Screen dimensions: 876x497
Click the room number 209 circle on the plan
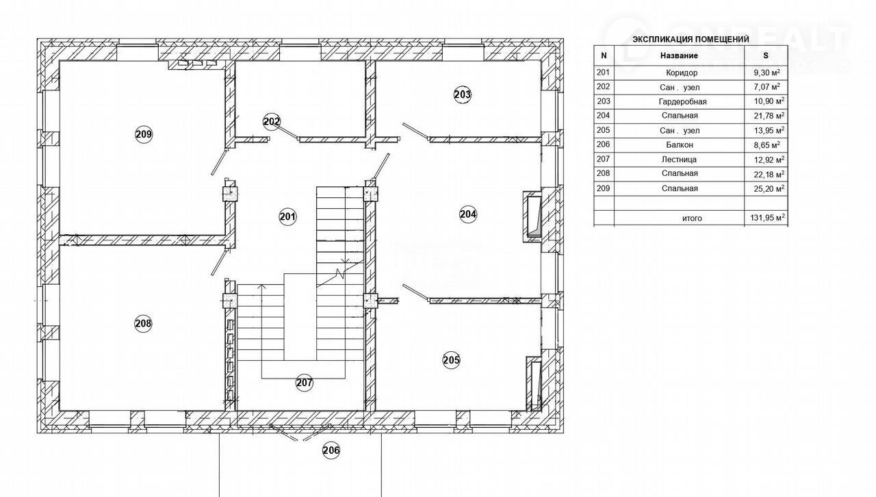(144, 134)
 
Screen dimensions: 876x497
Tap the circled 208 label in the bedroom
(143, 323)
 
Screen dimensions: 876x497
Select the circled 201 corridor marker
(288, 216)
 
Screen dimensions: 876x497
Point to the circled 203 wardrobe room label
(463, 94)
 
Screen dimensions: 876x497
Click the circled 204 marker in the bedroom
(468, 214)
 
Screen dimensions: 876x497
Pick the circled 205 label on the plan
(451, 360)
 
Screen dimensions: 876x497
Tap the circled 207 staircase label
(305, 383)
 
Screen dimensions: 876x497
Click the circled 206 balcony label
(331, 450)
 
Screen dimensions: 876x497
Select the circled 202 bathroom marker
(272, 121)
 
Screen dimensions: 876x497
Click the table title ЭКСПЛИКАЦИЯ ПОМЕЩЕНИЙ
(691, 40)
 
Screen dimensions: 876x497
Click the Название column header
(680, 55)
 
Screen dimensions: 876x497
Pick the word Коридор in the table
(682, 73)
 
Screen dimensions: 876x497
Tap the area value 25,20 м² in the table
(769, 189)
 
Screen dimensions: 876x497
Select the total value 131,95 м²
(768, 218)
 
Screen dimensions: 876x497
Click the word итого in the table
(692, 218)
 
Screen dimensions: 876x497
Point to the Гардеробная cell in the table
(682, 102)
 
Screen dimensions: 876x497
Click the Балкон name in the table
(680, 145)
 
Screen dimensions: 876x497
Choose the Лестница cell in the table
(679, 160)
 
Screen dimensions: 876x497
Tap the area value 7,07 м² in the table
(767, 86)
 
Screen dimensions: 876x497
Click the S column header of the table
(766, 55)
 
